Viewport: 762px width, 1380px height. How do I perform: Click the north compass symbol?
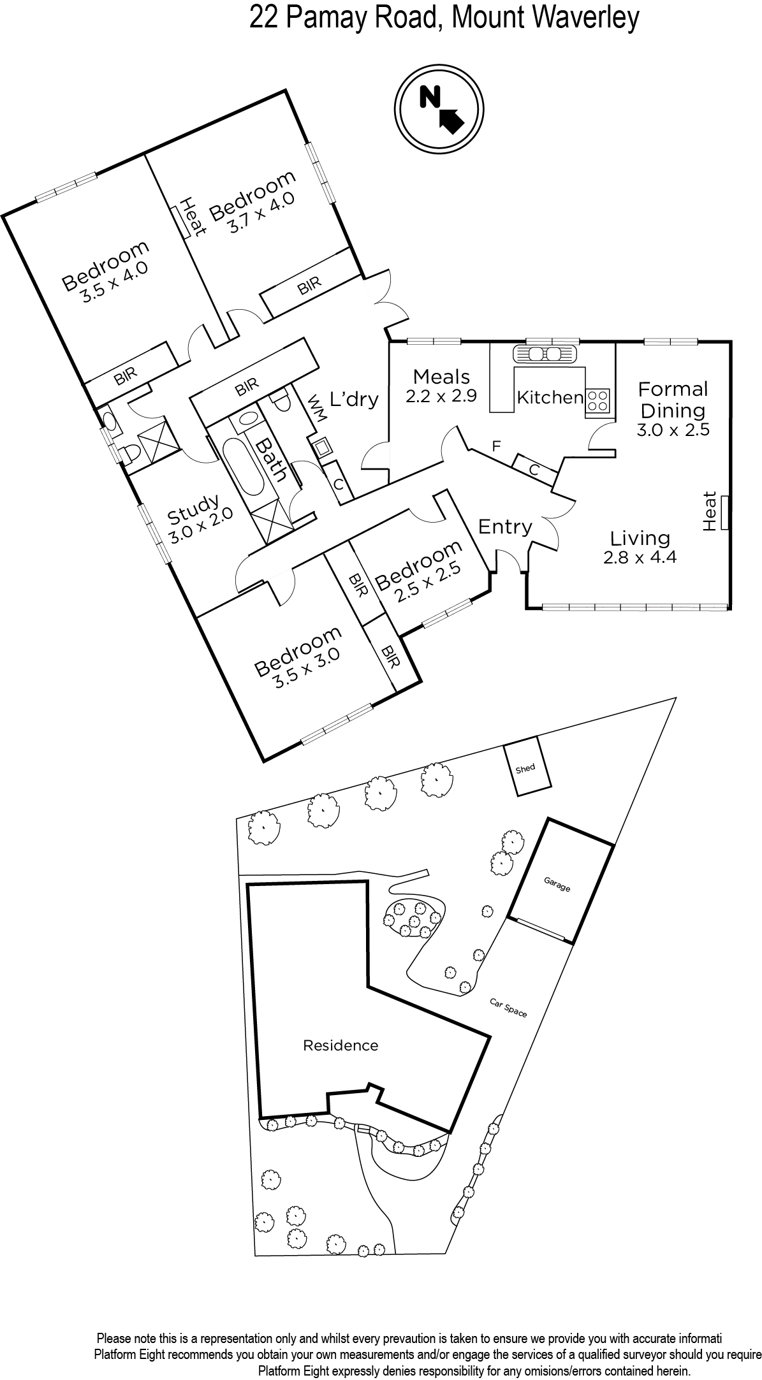pyautogui.click(x=439, y=110)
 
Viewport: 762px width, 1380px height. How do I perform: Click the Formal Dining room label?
pyautogui.click(x=673, y=399)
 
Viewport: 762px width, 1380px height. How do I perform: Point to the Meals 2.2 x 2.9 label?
pyautogui.click(x=441, y=386)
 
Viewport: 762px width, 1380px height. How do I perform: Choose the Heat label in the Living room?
pyautogui.click(x=710, y=511)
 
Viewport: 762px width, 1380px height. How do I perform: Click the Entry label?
pyautogui.click(x=505, y=527)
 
